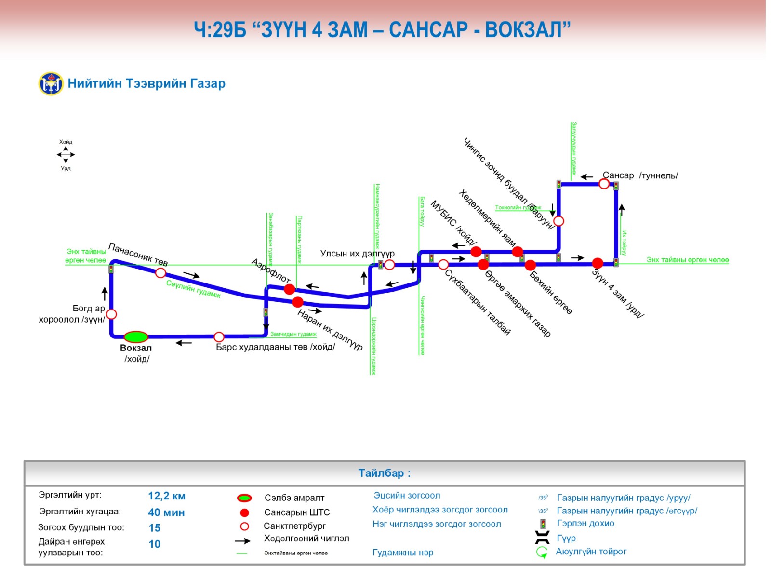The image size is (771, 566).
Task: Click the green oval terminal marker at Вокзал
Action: (136, 337)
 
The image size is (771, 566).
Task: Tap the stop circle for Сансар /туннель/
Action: (604, 184)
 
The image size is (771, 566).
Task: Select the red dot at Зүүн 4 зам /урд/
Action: (598, 263)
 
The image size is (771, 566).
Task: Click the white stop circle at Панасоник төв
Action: (160, 273)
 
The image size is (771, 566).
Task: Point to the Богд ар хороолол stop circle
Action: (111, 314)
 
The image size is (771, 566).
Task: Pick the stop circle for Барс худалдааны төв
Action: (219, 337)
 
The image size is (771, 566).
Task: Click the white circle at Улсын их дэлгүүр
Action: (389, 264)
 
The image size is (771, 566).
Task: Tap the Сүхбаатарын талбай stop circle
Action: (443, 264)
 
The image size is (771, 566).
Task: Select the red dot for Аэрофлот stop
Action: (289, 289)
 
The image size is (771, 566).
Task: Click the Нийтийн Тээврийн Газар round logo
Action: (51, 84)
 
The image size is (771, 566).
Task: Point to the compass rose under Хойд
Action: (66, 155)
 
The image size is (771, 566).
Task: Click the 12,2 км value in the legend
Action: (167, 496)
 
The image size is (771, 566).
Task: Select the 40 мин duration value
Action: (166, 512)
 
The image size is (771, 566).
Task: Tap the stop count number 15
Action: (154, 528)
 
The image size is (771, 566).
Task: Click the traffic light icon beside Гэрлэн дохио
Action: (543, 524)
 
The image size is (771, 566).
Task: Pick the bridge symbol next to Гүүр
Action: (543, 538)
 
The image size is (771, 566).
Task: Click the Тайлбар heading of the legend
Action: (384, 473)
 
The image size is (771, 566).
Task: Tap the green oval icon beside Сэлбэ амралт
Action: (244, 498)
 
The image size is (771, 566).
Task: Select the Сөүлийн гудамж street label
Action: (193, 289)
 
